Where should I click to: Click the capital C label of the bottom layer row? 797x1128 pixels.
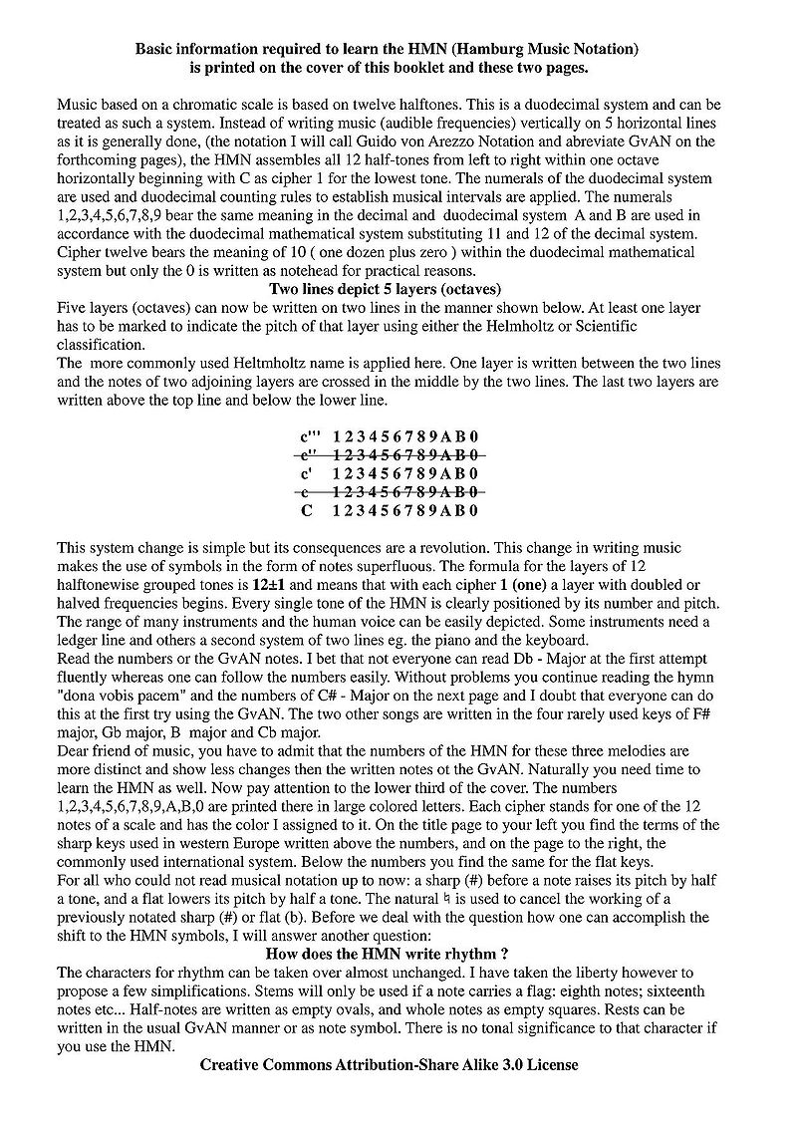[x=307, y=510]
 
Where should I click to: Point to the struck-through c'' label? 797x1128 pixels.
[x=310, y=454]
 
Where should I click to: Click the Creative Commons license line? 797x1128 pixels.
[x=389, y=1063]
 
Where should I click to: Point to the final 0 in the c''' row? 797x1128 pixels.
[x=475, y=435]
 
